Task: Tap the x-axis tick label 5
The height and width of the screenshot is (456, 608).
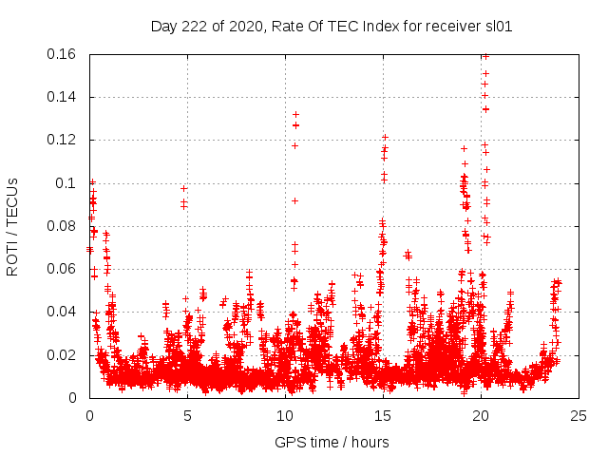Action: click(x=187, y=415)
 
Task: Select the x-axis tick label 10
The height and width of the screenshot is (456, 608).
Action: click(x=285, y=415)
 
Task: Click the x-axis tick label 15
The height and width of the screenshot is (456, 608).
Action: click(x=383, y=415)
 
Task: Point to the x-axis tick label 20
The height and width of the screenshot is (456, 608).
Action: click(x=481, y=415)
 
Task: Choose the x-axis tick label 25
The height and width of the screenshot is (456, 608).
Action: click(x=579, y=415)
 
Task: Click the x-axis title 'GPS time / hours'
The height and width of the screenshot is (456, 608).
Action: click(x=332, y=442)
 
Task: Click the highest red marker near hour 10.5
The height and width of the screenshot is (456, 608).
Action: click(x=295, y=115)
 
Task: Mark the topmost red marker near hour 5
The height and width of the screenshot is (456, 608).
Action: click(x=184, y=188)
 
